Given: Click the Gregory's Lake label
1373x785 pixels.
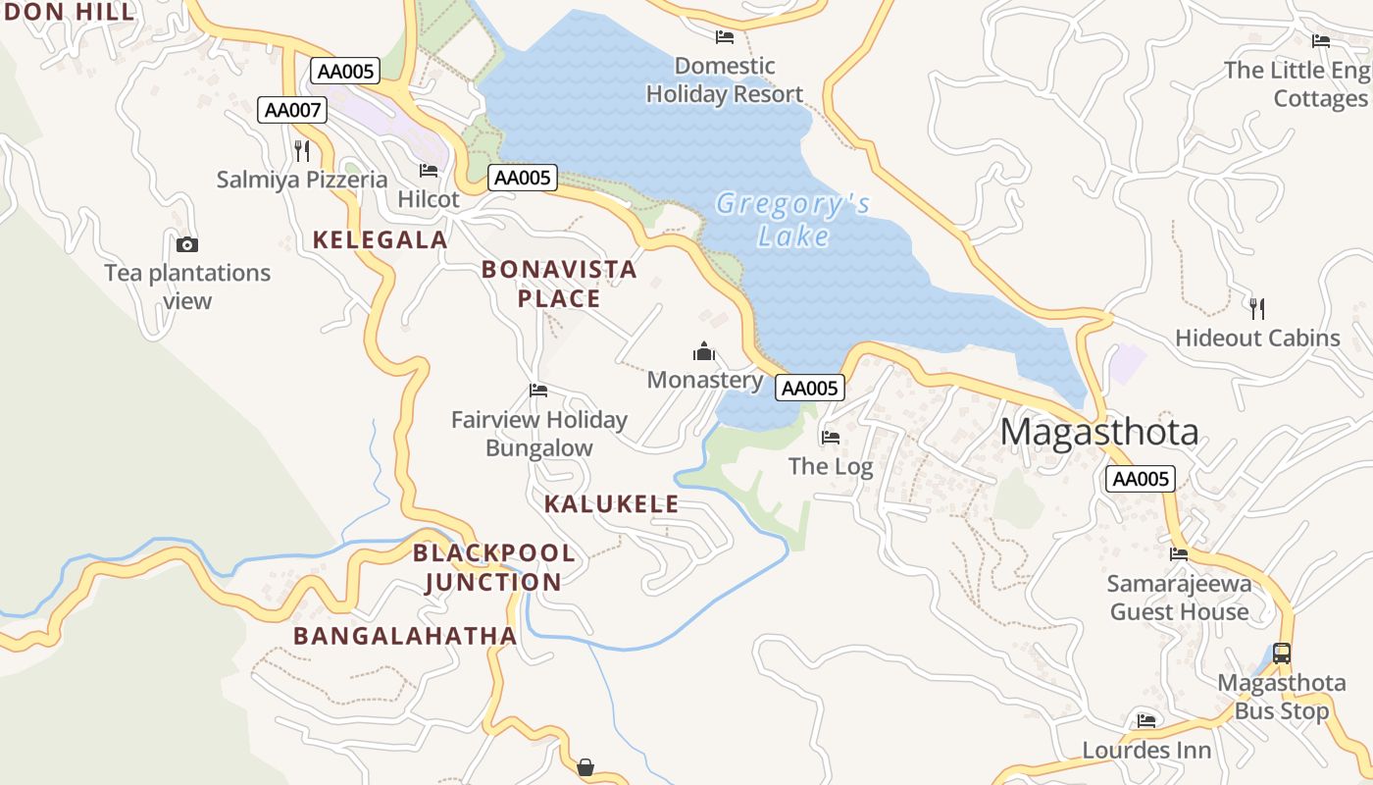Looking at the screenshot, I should coord(792,220).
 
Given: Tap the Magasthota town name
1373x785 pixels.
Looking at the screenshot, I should coord(1099,433).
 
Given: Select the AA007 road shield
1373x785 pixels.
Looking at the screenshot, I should coord(292,110).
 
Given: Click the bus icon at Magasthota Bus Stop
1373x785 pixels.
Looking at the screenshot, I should coord(1281,653).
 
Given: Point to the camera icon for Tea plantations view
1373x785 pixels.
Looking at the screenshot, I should coord(187,244).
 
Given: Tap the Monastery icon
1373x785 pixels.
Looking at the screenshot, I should coord(704,351).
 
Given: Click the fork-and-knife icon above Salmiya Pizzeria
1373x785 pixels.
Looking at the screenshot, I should coord(302,150).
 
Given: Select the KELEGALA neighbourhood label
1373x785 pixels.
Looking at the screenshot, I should coord(380,239).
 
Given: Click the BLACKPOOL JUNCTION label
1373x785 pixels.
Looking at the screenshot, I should coord(493,567).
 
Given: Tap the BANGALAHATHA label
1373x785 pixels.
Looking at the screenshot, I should coord(405,636).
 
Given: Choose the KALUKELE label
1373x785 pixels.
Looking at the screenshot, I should coord(611,504).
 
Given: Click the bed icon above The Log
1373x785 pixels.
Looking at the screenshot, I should coord(831,437).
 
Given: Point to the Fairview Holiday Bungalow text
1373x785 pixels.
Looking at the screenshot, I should coord(539,434).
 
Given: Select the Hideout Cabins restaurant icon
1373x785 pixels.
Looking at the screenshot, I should coord(1257,308).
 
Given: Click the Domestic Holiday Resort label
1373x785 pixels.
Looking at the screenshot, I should coord(725,80).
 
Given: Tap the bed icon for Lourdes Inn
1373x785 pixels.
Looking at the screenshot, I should coord(1146,721).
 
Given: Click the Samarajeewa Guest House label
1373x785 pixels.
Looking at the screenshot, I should coord(1179,598).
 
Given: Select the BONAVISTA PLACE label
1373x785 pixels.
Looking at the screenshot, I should coord(559,284).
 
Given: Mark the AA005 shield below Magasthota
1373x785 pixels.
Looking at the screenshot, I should coord(1141,479).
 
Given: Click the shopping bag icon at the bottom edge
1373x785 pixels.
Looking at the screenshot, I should coord(585,767).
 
